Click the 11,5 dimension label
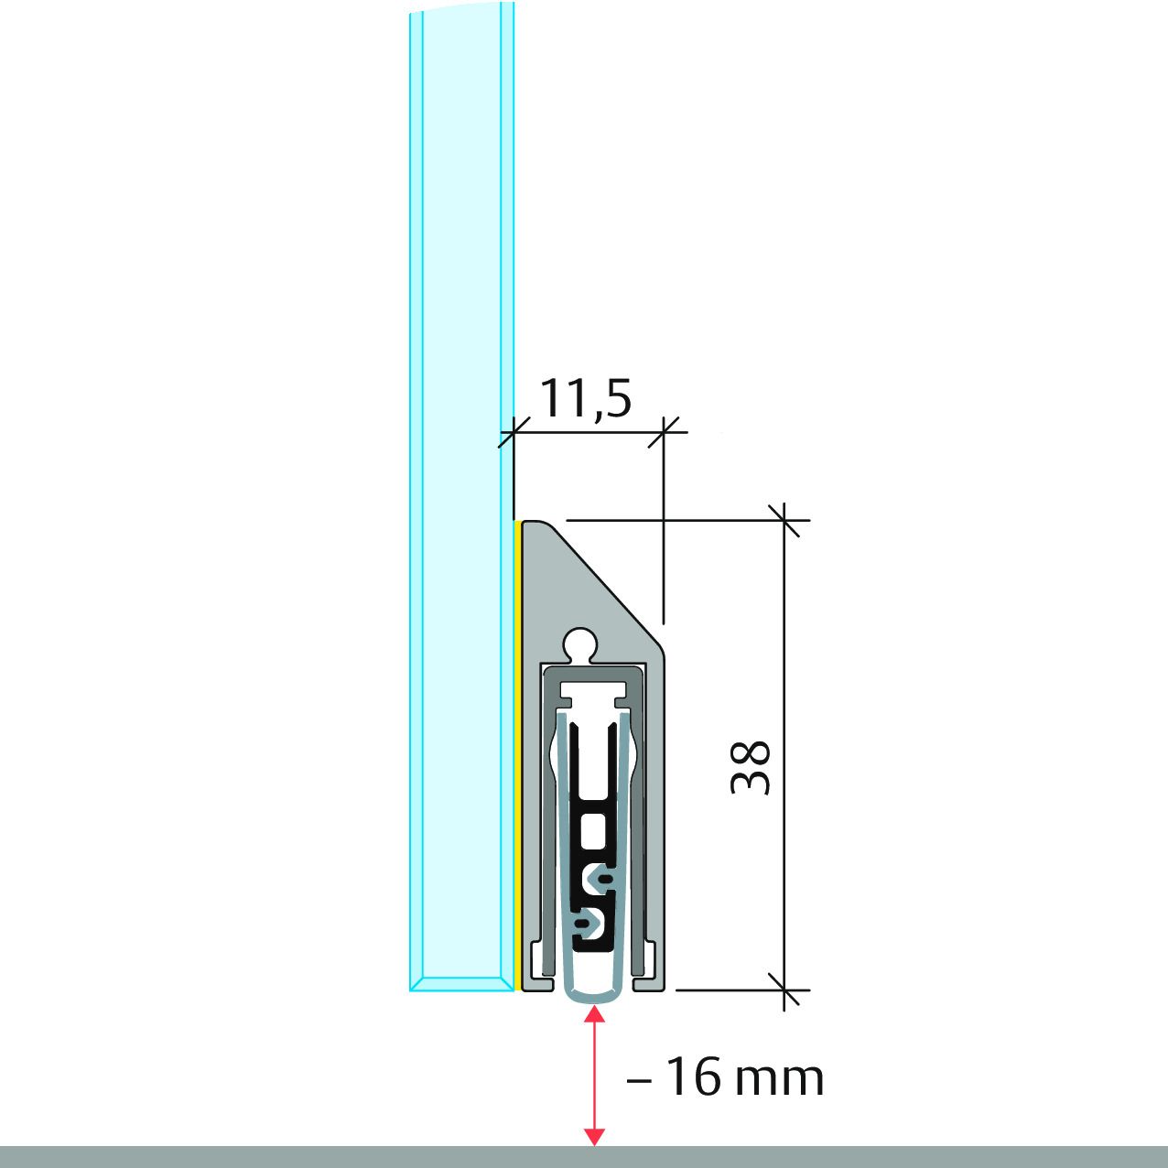pos(585,398)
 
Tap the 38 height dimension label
pos(751,767)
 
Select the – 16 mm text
pos(725,1077)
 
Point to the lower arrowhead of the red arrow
pos(595,1137)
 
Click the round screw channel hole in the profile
pos(580,644)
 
